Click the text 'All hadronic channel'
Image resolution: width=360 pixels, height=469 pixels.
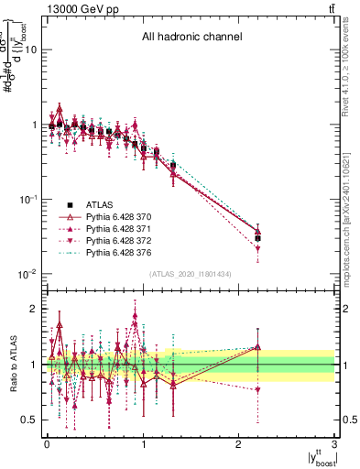[191, 38]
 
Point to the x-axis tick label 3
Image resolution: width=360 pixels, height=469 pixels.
[334, 444]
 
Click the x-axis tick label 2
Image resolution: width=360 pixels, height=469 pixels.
[238, 444]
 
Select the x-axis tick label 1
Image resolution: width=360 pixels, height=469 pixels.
[142, 444]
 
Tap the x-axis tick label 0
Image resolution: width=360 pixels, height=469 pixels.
[46, 444]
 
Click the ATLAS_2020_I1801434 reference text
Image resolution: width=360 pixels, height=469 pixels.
[191, 274]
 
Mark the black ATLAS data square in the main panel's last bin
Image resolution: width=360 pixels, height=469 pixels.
[257, 238]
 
